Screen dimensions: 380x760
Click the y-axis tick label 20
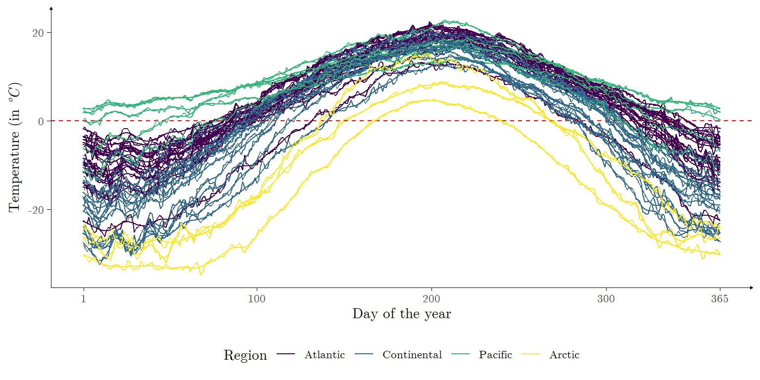tap(38, 33)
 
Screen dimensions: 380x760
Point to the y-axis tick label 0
tap(41, 121)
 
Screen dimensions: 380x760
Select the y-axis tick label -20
tap(37, 210)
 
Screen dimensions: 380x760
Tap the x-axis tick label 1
tap(84, 299)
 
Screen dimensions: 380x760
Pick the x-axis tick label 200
tap(431, 299)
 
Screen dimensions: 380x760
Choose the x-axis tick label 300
tap(606, 299)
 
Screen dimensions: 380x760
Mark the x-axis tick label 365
tap(719, 299)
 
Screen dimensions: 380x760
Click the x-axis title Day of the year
tap(401, 314)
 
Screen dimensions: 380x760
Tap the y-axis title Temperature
tap(15, 147)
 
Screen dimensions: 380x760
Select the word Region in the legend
tap(245, 355)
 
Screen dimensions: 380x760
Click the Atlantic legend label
tap(325, 355)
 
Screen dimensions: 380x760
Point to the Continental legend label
tap(412, 355)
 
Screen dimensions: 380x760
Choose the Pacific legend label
tap(495, 355)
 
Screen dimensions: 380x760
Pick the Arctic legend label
tap(564, 355)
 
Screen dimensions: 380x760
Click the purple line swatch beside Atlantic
tap(286, 355)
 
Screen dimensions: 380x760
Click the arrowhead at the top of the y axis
tap(51, 8)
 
